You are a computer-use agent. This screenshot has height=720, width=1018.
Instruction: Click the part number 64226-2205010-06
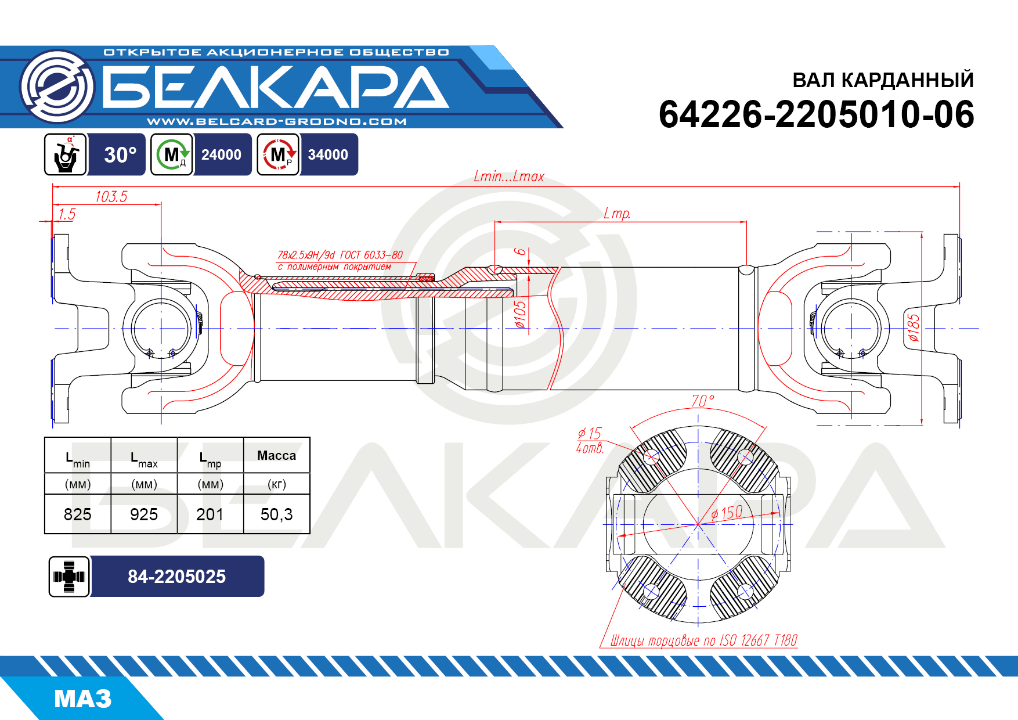[816, 114]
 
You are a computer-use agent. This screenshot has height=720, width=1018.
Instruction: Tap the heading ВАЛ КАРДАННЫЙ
[883, 80]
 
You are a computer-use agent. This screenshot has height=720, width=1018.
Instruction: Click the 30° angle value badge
[120, 155]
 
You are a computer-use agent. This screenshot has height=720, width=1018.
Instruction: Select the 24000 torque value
[221, 155]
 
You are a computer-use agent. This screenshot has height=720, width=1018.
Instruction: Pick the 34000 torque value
[328, 155]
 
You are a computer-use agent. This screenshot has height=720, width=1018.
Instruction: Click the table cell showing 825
[78, 514]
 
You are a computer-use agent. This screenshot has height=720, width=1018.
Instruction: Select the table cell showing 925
[144, 514]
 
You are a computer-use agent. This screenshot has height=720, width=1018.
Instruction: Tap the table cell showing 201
[210, 514]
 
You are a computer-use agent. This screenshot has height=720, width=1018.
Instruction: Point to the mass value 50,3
[276, 514]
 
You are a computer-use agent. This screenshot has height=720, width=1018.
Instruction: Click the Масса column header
[276, 456]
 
